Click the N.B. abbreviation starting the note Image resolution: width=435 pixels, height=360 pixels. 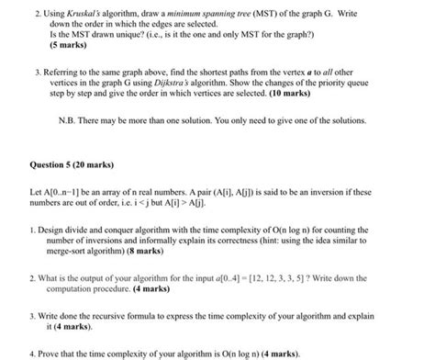71,118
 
